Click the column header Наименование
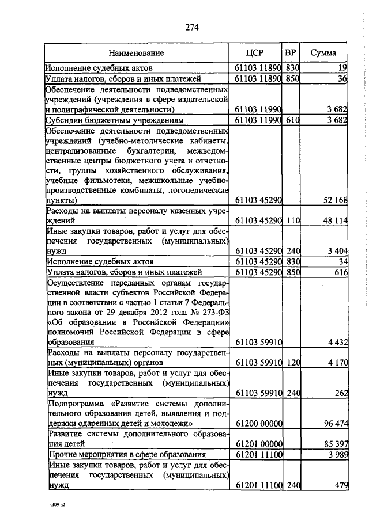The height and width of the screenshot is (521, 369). [x=136, y=53]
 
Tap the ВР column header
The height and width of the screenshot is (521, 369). [x=291, y=52]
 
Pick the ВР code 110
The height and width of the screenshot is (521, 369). [x=293, y=220]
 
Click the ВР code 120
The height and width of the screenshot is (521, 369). [x=293, y=363]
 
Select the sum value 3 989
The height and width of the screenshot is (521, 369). [x=336, y=455]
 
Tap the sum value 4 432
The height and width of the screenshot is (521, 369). [x=336, y=343]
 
